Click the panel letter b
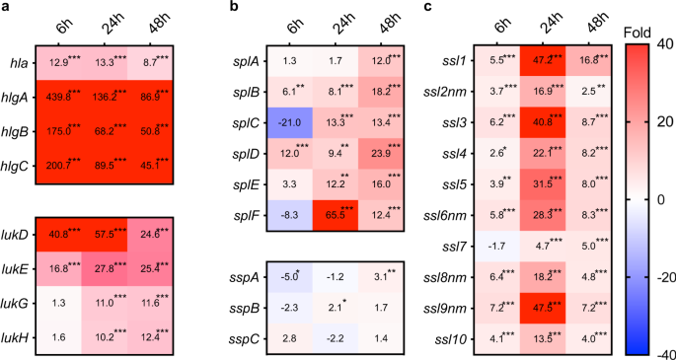233,8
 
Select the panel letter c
426,8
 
